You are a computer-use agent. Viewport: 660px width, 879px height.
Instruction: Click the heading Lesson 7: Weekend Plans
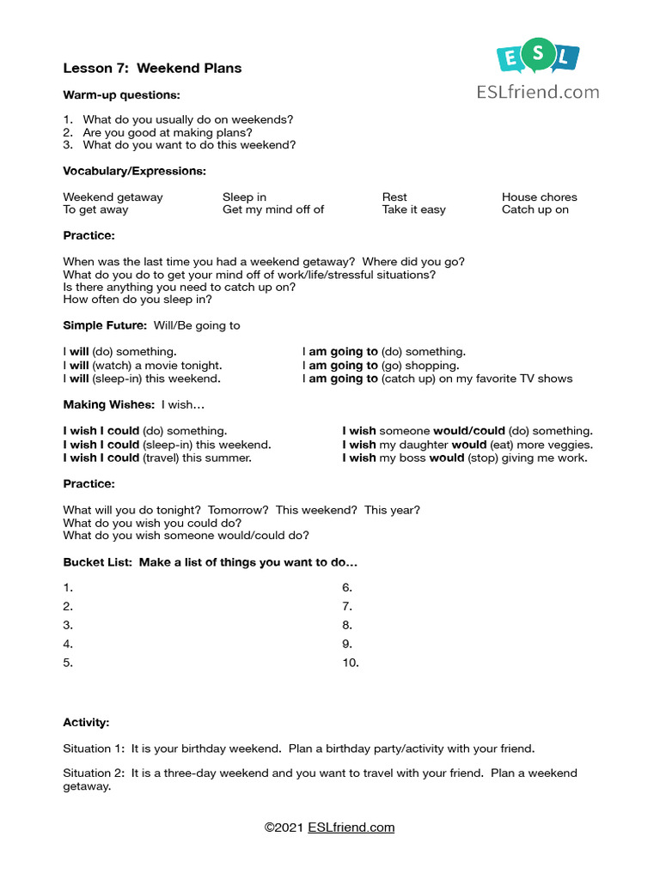152,68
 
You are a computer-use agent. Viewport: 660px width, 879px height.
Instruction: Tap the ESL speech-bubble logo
537,58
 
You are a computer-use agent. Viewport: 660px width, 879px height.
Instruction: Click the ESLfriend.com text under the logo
537,93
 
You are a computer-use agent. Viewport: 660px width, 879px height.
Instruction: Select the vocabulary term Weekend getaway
113,197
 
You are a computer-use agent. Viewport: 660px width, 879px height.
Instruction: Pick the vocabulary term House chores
539,197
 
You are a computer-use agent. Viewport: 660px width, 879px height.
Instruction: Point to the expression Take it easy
413,209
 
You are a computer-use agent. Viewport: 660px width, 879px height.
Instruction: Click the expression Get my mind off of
273,209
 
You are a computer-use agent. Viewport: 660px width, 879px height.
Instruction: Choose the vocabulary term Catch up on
535,209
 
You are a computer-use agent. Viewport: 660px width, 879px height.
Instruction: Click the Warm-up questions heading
121,94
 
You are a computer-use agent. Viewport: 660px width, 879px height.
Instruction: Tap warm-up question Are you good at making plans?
168,133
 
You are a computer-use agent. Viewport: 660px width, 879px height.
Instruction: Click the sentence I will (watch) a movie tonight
143,365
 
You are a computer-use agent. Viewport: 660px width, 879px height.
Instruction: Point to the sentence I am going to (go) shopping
380,365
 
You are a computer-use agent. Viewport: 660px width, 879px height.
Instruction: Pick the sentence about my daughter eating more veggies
467,445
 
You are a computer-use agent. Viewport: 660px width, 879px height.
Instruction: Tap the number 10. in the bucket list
351,663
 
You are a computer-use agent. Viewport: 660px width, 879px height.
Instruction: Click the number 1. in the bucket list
68,588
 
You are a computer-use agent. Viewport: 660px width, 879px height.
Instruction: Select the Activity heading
86,723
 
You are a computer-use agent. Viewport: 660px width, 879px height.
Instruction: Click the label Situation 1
93,749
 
